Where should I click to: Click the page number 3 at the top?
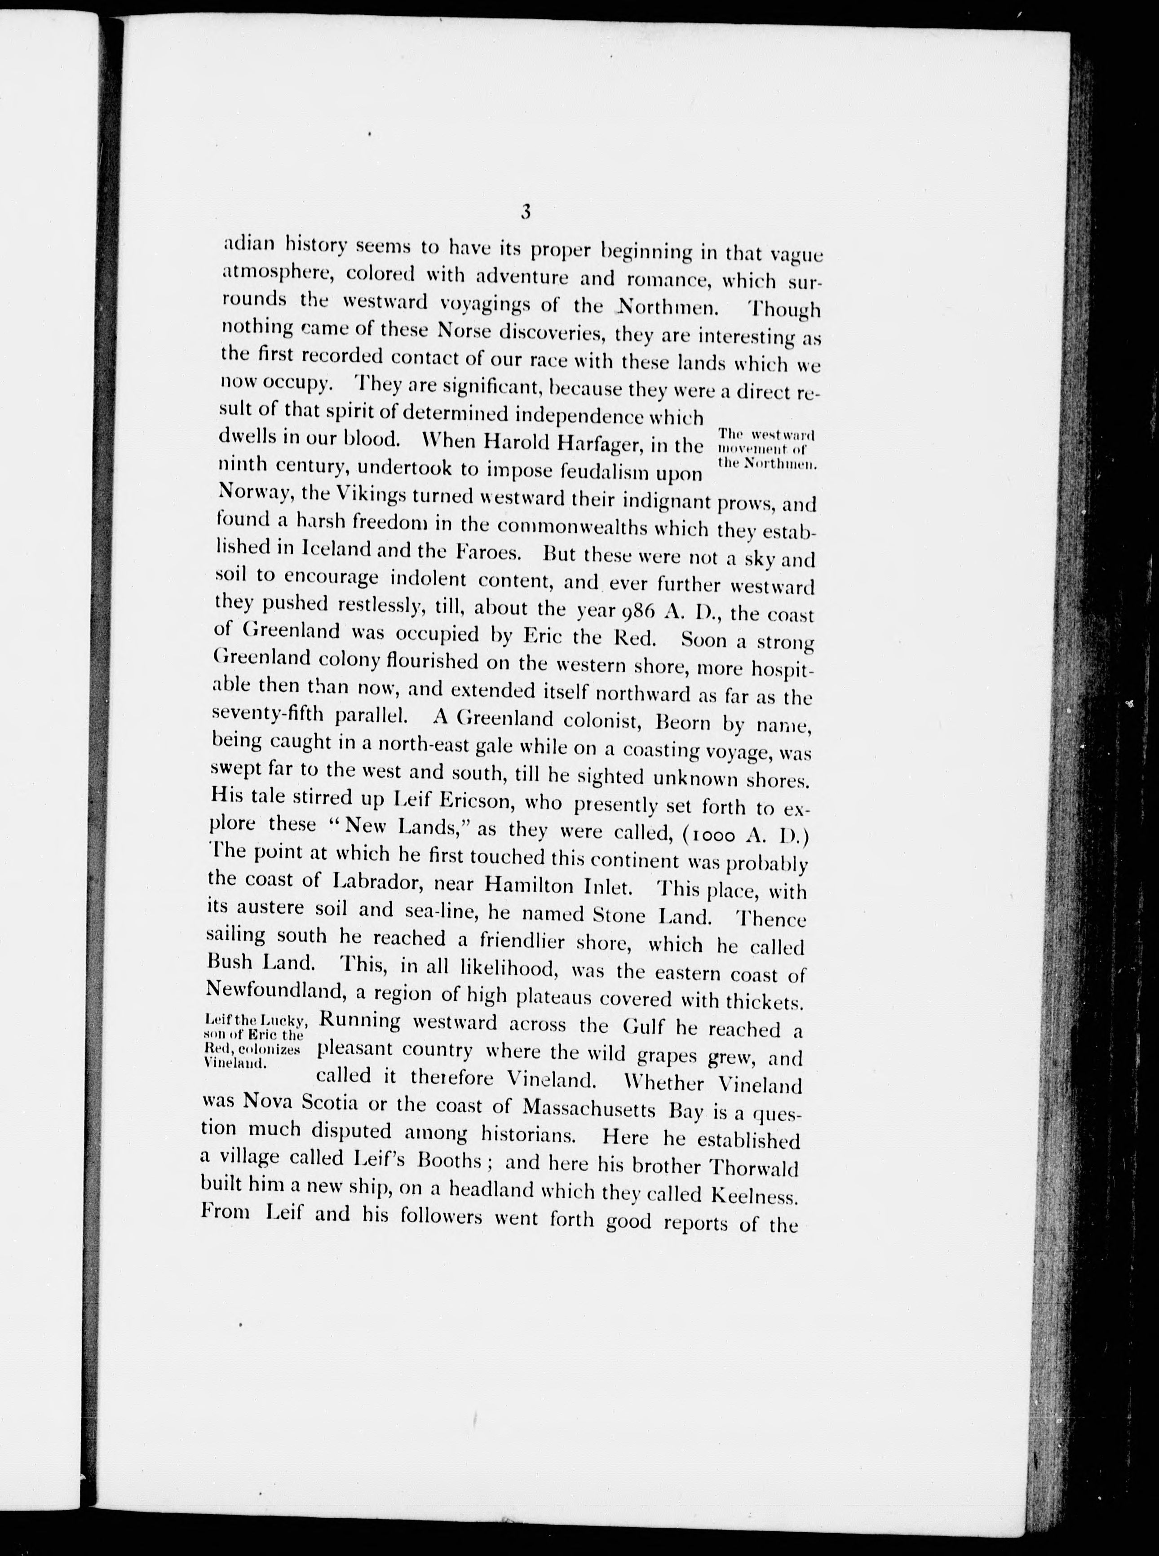[x=526, y=211]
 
